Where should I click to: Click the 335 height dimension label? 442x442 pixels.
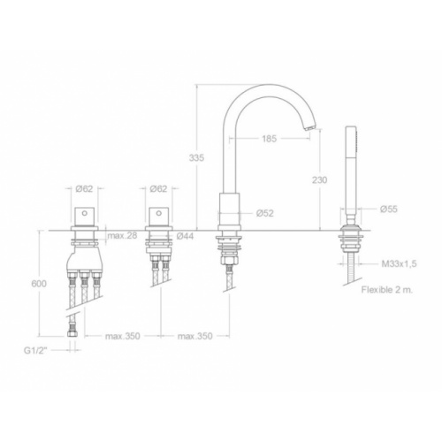point(196,158)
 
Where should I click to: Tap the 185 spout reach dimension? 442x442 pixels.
point(270,138)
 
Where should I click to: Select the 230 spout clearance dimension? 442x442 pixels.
point(320,179)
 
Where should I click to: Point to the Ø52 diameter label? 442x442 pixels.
point(265,213)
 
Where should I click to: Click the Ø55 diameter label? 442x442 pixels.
point(389,209)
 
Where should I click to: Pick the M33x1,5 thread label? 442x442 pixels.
point(400,263)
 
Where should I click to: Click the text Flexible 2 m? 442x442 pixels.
point(387,290)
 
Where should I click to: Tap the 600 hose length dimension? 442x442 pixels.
point(39,284)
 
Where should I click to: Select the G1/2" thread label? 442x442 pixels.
point(35,351)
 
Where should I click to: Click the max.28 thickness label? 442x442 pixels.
point(122,236)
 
